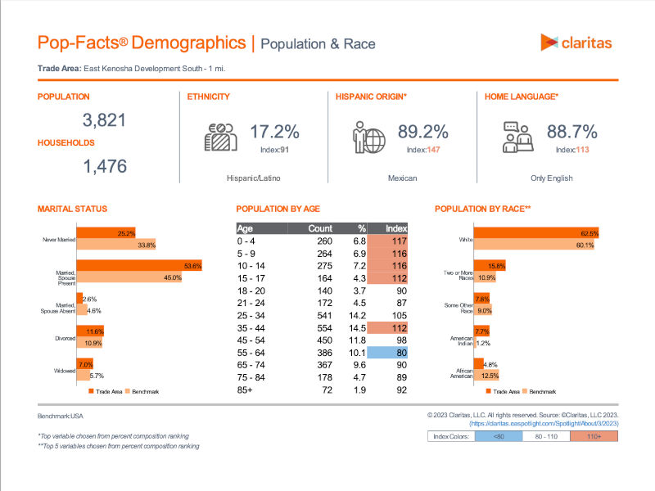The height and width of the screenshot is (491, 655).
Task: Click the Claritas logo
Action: (576, 43)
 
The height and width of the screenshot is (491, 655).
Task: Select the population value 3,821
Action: (104, 120)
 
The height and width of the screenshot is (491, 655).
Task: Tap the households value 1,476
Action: (105, 166)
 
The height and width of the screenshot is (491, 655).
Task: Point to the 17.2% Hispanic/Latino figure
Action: (274, 132)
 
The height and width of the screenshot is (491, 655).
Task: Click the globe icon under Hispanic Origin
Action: (375, 141)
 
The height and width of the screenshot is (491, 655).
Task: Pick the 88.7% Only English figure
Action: (571, 132)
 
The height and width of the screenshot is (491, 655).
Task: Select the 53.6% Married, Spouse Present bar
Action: (139, 265)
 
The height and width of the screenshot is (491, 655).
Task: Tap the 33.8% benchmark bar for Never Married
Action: (116, 244)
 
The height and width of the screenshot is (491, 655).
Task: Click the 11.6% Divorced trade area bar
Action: (90, 331)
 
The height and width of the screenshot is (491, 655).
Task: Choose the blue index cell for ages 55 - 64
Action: (387, 353)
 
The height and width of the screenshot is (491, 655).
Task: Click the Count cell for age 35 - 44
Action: (324, 328)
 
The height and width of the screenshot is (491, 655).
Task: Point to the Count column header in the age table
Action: (320, 228)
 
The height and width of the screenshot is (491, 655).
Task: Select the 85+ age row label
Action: (245, 390)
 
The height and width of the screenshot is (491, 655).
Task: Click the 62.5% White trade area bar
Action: (536, 232)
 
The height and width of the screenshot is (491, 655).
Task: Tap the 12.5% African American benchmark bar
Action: (486, 375)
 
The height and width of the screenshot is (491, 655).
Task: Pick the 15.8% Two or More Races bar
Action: (490, 265)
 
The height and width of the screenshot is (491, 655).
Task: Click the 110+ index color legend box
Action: (594, 436)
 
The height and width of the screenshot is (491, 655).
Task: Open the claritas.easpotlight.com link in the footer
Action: (544, 423)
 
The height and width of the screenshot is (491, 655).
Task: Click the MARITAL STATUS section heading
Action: (72, 209)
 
